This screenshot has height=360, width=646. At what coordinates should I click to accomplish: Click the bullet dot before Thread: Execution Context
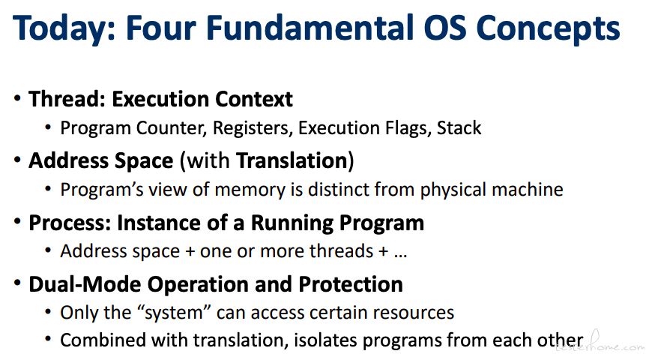point(17,98)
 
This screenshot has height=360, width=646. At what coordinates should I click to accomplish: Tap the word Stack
point(459,127)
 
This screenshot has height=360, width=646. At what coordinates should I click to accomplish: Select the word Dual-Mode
point(85,284)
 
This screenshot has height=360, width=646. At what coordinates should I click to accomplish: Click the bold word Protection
point(351,284)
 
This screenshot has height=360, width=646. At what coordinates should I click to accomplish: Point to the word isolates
point(325,340)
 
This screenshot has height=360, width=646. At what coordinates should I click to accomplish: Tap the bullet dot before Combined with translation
point(48,340)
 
